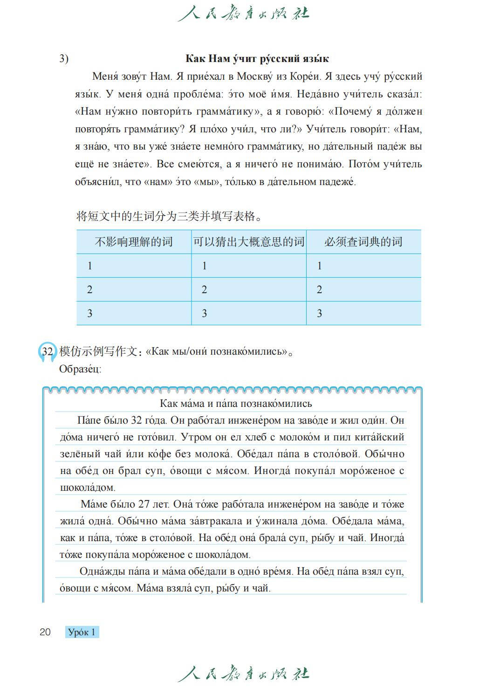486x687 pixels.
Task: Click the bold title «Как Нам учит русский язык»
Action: point(257,59)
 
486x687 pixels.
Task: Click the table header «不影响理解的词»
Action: point(134,242)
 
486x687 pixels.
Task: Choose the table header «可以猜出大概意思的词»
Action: point(249,242)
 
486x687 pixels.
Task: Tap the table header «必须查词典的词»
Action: point(363,242)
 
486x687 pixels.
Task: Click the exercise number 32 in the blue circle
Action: point(47,351)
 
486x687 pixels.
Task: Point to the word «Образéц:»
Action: point(80,369)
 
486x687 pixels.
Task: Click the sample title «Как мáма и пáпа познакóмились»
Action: point(236,404)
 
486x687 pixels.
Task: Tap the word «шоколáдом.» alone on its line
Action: point(88,488)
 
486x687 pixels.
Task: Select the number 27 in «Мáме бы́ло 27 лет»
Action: point(144,504)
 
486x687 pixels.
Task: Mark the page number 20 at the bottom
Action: point(45,632)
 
